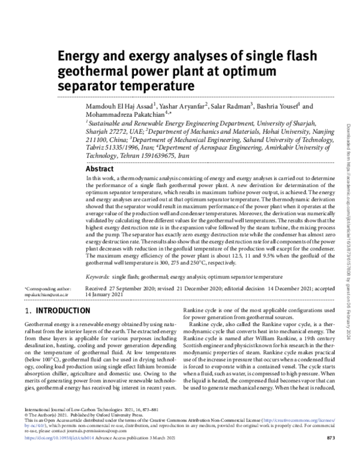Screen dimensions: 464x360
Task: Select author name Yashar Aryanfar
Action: pos(181,106)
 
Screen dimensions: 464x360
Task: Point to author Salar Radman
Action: pos(232,106)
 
